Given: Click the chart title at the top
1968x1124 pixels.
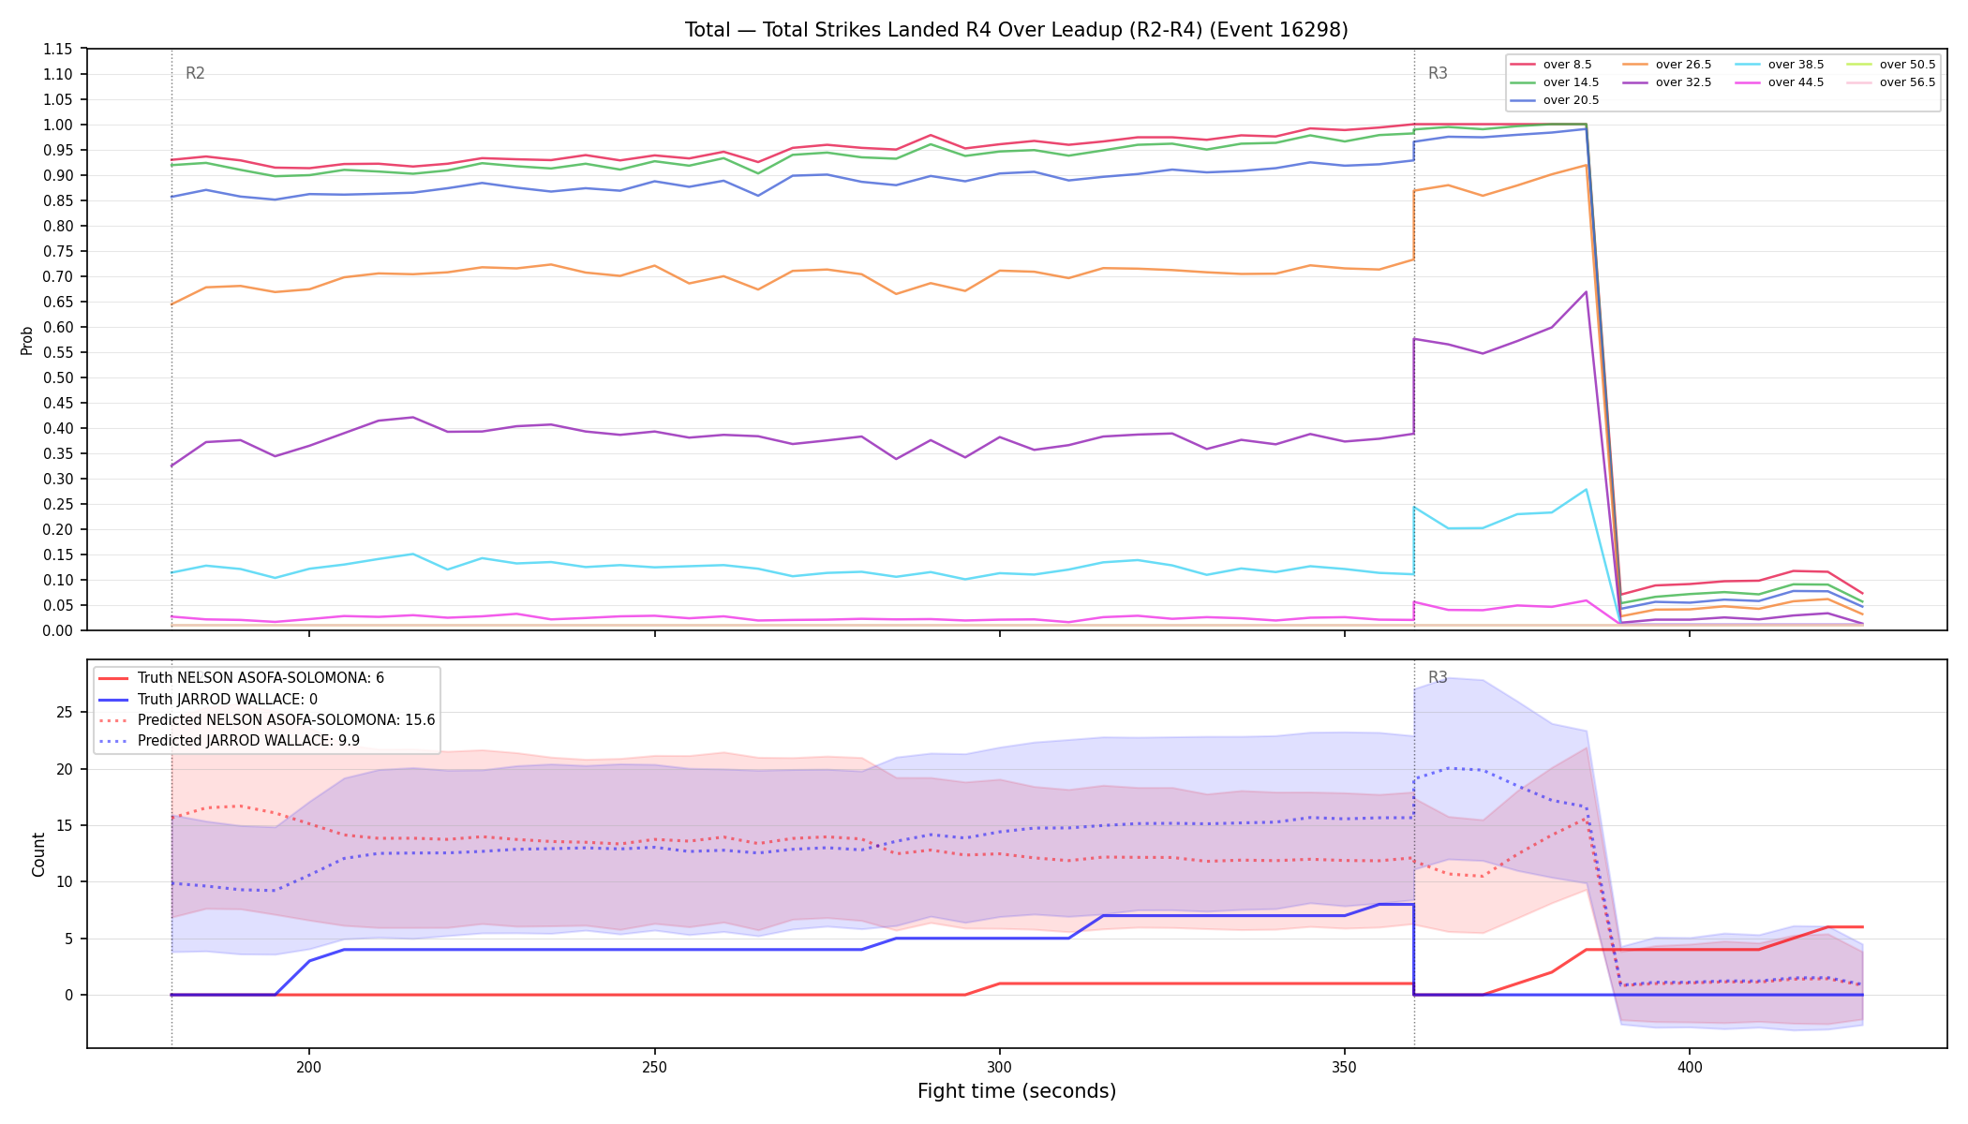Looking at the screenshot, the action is pyautogui.click(x=1017, y=30).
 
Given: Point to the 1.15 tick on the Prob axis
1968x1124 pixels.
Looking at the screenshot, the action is pyautogui.click(x=58, y=49).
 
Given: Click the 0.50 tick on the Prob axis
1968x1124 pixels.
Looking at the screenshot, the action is pyautogui.click(x=58, y=377).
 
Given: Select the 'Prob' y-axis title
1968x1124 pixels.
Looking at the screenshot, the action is pyautogui.click(x=27, y=340).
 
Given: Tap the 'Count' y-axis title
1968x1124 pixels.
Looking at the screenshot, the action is pyautogui.click(x=38, y=854).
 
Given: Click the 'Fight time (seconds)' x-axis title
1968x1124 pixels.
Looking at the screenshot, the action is pyautogui.click(x=1017, y=1091).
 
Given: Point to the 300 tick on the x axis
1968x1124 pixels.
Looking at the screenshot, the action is pyautogui.click(x=1000, y=1067).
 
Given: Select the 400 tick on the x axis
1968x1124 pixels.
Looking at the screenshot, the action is pyautogui.click(x=1690, y=1067).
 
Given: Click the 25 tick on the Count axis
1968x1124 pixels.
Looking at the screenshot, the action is pyautogui.click(x=64, y=713).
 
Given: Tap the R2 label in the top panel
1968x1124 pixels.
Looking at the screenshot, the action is pyautogui.click(x=195, y=73).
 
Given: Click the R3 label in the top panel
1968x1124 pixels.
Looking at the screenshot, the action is pyautogui.click(x=1438, y=73).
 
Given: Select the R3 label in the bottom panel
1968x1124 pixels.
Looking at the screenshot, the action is pyautogui.click(x=1438, y=677).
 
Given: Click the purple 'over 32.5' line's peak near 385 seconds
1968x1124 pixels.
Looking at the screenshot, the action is pyautogui.click(x=1586, y=292).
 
